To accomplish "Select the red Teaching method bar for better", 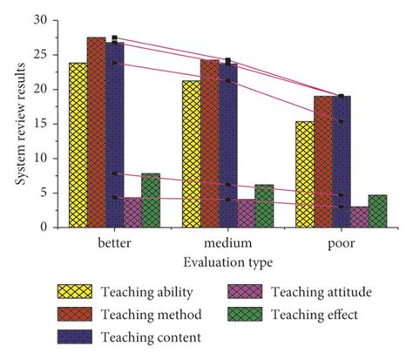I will [x=96, y=132].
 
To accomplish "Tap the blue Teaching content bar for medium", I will [x=227, y=145].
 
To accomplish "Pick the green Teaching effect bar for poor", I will [x=377, y=211].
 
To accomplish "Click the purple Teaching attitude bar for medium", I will [x=247, y=214].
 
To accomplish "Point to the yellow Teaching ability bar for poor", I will [x=304, y=174].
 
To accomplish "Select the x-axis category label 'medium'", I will [x=227, y=241].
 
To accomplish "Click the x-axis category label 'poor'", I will [x=341, y=241].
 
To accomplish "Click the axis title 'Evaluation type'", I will [x=226, y=260].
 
